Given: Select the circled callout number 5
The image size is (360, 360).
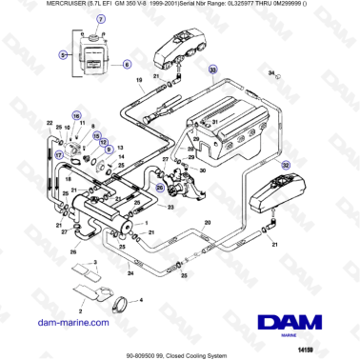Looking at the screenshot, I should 63,56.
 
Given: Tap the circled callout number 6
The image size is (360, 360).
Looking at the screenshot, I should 124,63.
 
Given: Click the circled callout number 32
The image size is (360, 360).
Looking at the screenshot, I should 284,165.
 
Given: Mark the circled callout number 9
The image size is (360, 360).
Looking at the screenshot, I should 109,150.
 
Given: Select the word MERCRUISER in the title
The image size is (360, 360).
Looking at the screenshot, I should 29,7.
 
